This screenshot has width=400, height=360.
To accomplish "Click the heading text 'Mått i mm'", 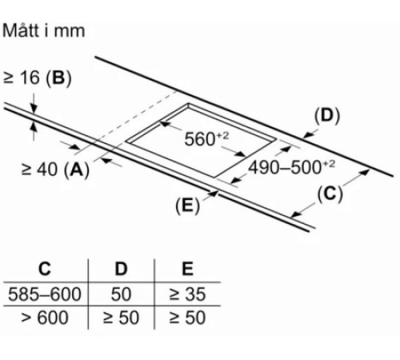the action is pyautogui.click(x=43, y=30).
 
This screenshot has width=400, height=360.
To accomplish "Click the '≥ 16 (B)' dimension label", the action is pyautogui.click(x=38, y=78).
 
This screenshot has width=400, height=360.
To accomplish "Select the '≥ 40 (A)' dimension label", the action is pyautogui.click(x=55, y=170).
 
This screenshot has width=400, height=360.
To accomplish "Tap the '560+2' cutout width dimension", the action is pyautogui.click(x=206, y=138).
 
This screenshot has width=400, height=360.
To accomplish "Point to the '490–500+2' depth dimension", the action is pyautogui.click(x=291, y=167).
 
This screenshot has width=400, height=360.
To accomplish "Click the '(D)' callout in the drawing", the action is pyautogui.click(x=327, y=116).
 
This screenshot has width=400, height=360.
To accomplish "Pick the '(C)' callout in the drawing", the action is pyautogui.click(x=330, y=194).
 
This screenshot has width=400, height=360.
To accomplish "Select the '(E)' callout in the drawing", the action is pyautogui.click(x=187, y=206).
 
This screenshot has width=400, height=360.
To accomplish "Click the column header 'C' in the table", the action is pyautogui.click(x=45, y=269).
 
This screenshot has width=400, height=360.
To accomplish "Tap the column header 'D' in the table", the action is pyautogui.click(x=121, y=269).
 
